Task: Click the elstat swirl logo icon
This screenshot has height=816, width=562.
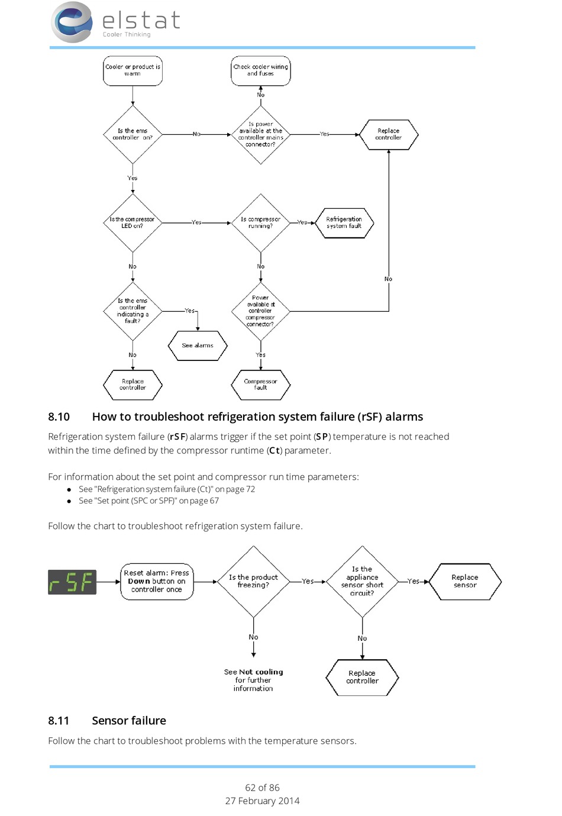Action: (x=72, y=22)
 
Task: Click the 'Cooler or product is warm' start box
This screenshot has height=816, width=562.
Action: (x=133, y=70)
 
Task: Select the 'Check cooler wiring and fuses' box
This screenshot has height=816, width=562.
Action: (x=260, y=70)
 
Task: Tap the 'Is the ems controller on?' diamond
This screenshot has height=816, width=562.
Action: (x=133, y=134)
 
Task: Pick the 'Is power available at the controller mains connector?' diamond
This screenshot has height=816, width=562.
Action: (x=260, y=134)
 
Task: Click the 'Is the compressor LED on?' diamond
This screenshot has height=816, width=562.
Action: (x=133, y=222)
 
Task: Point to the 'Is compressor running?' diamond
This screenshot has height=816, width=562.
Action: (x=260, y=222)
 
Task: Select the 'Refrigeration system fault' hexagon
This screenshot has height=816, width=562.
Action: (x=344, y=223)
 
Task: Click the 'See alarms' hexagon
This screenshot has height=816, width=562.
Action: (x=198, y=346)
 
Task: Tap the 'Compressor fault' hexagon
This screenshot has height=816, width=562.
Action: (x=260, y=385)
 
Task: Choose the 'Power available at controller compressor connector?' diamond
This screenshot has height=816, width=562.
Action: (x=260, y=311)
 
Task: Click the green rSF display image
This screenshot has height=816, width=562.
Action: (x=72, y=582)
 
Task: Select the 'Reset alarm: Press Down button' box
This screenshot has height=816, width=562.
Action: (x=157, y=582)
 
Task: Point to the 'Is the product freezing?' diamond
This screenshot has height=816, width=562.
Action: (x=254, y=582)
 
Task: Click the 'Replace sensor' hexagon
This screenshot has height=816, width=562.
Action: (x=465, y=582)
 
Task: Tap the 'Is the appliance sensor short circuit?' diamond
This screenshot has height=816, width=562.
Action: (x=362, y=582)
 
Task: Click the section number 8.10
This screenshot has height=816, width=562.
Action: (x=59, y=417)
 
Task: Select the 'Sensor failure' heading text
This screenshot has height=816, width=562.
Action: (x=129, y=721)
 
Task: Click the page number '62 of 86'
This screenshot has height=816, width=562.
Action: (x=262, y=788)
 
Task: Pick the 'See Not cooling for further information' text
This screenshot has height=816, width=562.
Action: (x=254, y=680)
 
